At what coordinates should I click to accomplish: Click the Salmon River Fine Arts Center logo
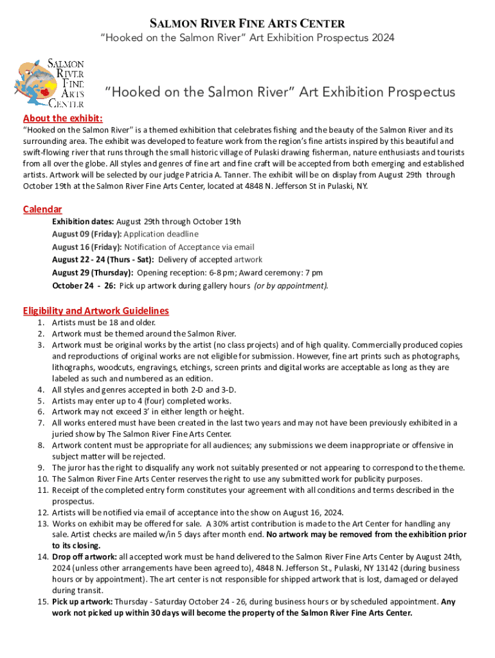pyautogui.click(x=50, y=83)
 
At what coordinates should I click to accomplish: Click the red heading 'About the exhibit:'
pyautogui.click(x=62, y=118)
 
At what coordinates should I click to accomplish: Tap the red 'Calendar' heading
pyautogui.click(x=42, y=209)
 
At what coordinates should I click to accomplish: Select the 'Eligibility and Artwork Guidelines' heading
pyautogui.click(x=96, y=310)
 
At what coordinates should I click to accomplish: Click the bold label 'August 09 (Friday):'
pyautogui.click(x=87, y=234)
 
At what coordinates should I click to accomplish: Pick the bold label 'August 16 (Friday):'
pyautogui.click(x=87, y=247)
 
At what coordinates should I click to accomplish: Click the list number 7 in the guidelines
pyautogui.click(x=40, y=423)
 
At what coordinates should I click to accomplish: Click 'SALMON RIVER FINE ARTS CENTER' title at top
pyautogui.click(x=248, y=24)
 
